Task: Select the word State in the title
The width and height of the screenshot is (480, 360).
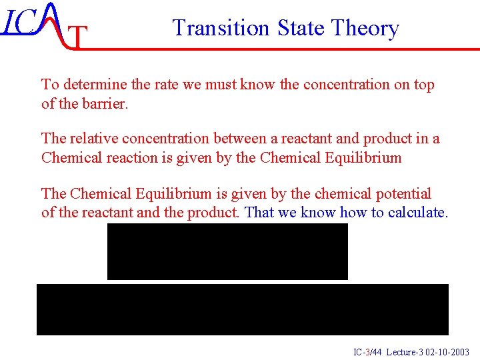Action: coord(292,28)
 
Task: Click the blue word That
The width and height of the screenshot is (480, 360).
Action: coord(261,213)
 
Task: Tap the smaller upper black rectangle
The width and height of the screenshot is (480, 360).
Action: coord(227,251)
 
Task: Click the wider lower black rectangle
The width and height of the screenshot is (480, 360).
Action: coord(242,309)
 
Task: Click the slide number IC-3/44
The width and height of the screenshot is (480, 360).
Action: coord(367,352)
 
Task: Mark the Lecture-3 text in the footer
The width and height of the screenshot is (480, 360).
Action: coord(402,352)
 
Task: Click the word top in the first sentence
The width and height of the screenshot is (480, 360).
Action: coord(423,85)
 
